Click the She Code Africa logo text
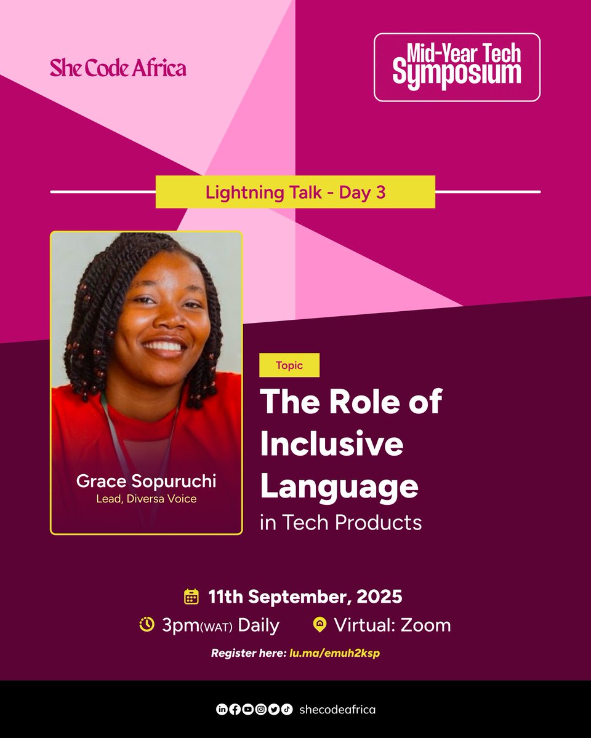pos(118,68)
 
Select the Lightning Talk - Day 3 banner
pos(295,192)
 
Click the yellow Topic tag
pos(289,365)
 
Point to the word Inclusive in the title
pos(332,443)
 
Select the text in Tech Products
pos(341,523)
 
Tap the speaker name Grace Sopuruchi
pos(147,482)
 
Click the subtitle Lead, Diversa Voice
pos(147,499)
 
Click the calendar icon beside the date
pos(191,597)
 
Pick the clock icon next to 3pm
pos(147,625)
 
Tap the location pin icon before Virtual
pos(320,625)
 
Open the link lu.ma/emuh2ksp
pos(335,653)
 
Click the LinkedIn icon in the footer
pos(222,710)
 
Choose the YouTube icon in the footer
pos(247,710)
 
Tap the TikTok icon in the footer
pos(287,710)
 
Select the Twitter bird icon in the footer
pos(274,710)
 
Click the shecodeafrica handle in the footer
pos(337,710)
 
